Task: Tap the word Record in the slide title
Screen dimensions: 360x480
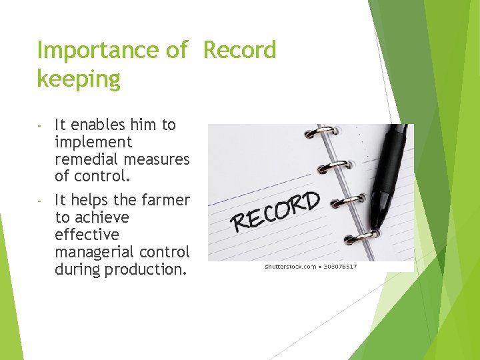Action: point(239,50)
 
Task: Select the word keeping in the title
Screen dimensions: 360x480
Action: point(79,79)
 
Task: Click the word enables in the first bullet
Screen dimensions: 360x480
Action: point(97,125)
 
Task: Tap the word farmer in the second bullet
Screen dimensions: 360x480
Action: point(165,200)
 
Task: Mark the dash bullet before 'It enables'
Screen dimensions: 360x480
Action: point(40,125)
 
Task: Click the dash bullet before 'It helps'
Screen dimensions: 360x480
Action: point(40,201)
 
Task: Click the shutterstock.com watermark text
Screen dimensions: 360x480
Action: point(291,267)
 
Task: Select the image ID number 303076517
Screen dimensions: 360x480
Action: point(340,267)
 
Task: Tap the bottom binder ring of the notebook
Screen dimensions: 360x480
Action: point(363,235)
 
